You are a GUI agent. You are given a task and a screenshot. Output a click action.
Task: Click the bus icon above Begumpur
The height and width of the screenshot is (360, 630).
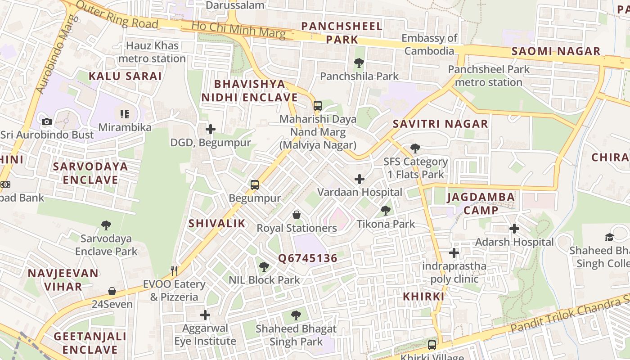(255, 185)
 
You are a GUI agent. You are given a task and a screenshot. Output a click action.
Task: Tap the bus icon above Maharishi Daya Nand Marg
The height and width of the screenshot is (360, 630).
(318, 106)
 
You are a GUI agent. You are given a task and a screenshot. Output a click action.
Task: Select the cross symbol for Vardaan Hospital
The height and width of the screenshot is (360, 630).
(359, 180)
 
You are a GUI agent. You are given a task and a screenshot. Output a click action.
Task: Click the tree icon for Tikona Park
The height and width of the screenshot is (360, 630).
(386, 210)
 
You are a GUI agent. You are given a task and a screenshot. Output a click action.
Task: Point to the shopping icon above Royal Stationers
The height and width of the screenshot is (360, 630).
(297, 215)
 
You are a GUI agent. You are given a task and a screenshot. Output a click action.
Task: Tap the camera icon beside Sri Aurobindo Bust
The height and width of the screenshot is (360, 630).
(47, 121)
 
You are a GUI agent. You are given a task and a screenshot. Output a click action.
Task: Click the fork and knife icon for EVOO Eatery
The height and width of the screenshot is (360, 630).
(175, 270)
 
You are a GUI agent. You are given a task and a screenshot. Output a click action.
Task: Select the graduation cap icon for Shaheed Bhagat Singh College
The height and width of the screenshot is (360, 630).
(609, 237)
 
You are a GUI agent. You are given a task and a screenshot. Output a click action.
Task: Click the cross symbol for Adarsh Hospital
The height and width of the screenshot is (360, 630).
(514, 229)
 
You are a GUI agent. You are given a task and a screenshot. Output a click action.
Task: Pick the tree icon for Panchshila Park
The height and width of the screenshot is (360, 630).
(359, 63)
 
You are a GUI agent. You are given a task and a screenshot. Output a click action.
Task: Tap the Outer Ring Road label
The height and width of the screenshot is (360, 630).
(117, 14)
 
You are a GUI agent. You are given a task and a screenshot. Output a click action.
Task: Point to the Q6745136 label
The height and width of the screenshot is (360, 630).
(307, 258)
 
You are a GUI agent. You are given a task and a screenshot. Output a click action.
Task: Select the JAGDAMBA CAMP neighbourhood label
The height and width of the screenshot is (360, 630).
(481, 203)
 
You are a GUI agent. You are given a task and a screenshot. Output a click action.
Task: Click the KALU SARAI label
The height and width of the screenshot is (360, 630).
(125, 76)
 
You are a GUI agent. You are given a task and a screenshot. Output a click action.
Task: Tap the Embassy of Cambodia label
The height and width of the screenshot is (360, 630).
(429, 45)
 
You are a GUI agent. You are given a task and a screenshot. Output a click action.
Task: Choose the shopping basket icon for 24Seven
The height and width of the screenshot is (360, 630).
(112, 291)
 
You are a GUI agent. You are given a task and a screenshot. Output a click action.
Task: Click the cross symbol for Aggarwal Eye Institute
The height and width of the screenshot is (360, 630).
(205, 315)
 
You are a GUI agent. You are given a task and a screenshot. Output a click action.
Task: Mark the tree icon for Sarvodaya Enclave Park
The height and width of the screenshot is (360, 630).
(106, 225)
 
